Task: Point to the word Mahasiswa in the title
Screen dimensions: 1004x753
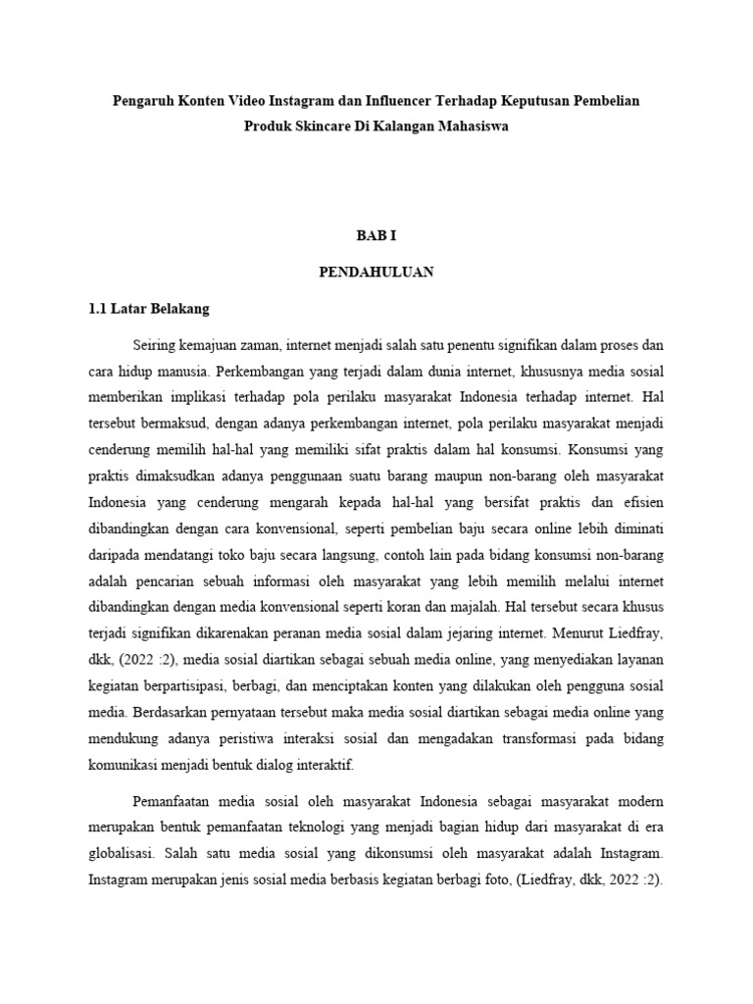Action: pos(469,127)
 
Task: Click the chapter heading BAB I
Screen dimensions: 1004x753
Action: pos(376,236)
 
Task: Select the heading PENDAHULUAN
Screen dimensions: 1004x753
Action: pos(376,273)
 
